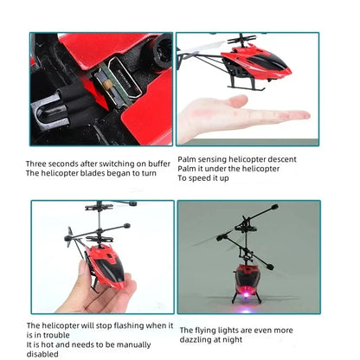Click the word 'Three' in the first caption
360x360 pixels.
pyautogui.click(x=36, y=163)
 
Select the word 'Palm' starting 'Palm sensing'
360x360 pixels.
pyautogui.click(x=187, y=159)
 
